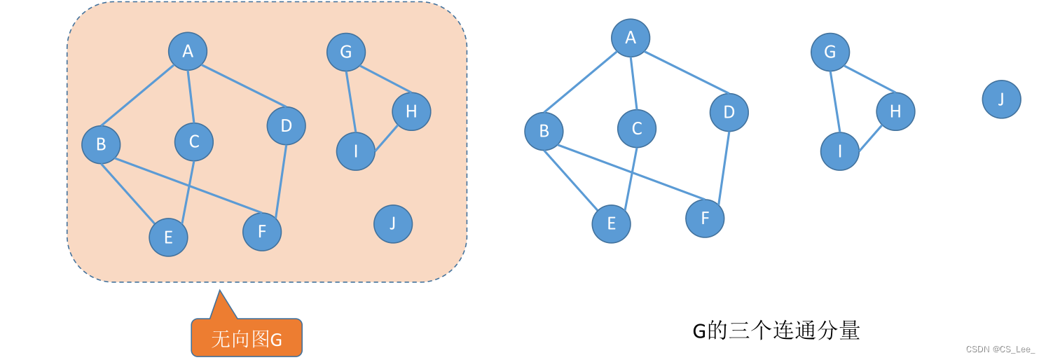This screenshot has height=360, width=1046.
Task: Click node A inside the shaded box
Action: pos(188,51)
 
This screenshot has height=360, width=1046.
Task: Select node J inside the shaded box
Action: pos(393,224)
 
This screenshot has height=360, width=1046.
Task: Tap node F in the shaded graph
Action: pos(262,232)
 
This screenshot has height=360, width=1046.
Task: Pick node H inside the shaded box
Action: pos(411,111)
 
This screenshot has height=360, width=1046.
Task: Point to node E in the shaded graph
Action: pos(168,237)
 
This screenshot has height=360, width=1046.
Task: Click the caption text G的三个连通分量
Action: pos(776,331)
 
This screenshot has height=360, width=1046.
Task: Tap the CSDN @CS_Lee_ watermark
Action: pos(1000,349)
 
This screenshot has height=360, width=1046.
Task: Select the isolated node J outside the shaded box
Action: pos(1001,99)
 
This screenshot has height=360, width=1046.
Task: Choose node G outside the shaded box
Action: pos(830,52)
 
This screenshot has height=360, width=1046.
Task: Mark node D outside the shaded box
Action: pos(729,112)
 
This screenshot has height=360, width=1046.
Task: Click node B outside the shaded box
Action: pos(544,131)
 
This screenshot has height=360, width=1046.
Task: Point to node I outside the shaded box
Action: pos(839,151)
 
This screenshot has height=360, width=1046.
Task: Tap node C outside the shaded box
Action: pos(637,128)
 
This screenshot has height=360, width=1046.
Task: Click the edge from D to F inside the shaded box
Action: pos(281,179)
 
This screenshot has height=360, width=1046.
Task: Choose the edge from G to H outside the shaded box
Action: pos(871,81)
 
